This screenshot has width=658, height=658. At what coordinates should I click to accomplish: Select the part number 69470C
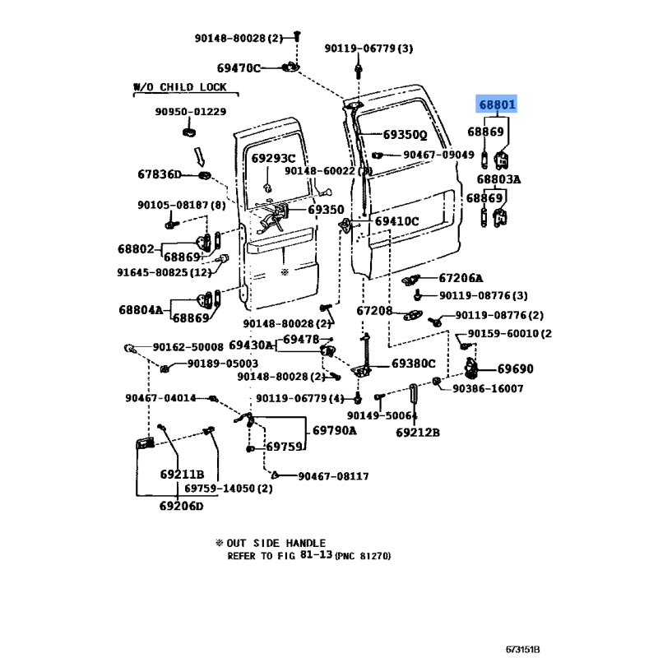tap(239, 68)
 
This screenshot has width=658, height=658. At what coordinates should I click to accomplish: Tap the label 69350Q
tap(405, 135)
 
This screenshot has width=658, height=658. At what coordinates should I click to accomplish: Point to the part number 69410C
tap(397, 221)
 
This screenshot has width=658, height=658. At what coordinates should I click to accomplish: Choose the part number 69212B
tap(417, 433)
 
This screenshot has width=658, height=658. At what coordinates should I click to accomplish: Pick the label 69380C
tap(413, 363)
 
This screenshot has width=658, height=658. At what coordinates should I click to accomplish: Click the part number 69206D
tap(180, 505)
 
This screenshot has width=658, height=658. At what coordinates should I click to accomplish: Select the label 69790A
tap(335, 430)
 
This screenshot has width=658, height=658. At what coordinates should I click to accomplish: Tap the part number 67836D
tap(159, 174)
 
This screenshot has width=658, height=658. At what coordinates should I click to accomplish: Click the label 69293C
tap(273, 158)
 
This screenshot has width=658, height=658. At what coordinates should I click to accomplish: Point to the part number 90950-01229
tap(191, 112)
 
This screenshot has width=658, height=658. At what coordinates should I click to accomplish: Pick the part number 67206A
tap(461, 278)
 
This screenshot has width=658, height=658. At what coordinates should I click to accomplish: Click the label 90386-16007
tap(487, 388)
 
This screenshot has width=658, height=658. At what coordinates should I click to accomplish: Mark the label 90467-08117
tap(333, 476)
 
